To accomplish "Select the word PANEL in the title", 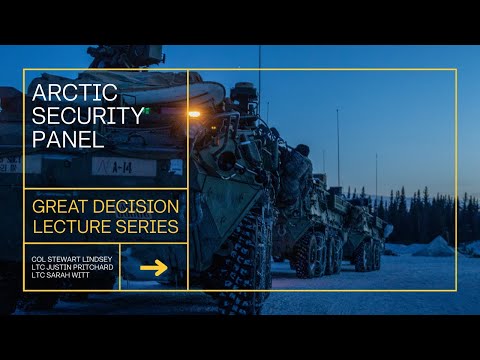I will pyautogui.click(x=68, y=138).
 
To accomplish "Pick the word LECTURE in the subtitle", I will pyautogui.click(x=72, y=227).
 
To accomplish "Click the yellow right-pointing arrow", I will pyautogui.click(x=153, y=267).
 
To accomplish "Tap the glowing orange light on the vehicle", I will pyautogui.click(x=193, y=114).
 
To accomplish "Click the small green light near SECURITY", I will pyautogui.click(x=147, y=111).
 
